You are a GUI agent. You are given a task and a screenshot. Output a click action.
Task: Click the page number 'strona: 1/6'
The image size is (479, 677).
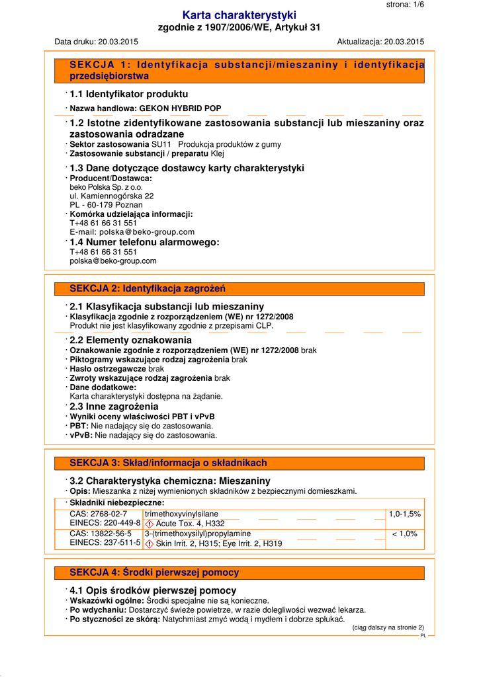pos(405,5)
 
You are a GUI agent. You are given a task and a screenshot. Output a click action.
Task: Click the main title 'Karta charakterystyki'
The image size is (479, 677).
pos(239,15)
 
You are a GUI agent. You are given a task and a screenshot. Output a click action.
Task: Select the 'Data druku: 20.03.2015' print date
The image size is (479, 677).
pos(96,42)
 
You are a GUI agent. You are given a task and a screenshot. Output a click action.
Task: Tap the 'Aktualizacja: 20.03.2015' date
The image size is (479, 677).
pos(380,42)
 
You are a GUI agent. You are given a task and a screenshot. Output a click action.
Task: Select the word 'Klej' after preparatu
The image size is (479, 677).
pos(218,153)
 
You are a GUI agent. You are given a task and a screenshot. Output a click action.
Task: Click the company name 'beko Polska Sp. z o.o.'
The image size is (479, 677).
pos(106,187)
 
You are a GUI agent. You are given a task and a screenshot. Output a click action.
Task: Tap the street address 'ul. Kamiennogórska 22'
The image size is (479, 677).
pos(112,196)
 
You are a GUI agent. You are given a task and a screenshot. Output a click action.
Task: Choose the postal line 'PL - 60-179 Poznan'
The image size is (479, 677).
pos(106,205)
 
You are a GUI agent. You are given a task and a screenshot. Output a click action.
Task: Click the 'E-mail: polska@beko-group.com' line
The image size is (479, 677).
pos(132,232)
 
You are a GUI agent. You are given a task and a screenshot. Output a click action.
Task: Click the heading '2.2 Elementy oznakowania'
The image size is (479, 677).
pos(130,340)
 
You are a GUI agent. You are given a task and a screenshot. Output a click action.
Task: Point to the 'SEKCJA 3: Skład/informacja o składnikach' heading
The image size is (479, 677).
pos(168,463)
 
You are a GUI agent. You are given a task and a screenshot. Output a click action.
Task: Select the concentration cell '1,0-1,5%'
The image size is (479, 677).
pos(404,514)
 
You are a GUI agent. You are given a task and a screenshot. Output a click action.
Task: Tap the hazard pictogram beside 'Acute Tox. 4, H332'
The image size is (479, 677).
pos(150,524)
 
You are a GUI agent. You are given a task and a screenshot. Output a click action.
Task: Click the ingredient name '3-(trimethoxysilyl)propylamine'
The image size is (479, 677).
pos(197,534)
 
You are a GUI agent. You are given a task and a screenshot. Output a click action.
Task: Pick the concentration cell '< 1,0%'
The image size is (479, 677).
pos(404,534)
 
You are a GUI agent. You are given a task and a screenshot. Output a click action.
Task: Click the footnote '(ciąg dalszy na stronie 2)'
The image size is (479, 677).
pos(388,627)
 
